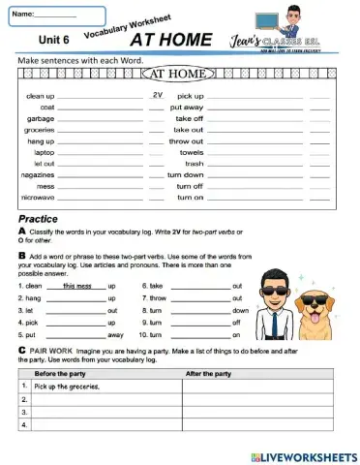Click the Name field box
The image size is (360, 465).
tap(55, 15)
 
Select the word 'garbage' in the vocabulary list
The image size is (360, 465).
tap(40, 118)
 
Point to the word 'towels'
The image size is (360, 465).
tap(191, 152)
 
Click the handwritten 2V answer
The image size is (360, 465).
tap(157, 95)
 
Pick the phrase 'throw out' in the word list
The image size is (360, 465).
tap(186, 140)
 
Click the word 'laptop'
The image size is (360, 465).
tap(44, 152)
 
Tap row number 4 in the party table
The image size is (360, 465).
tap(22, 423)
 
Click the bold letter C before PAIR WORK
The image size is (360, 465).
tap(21, 347)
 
